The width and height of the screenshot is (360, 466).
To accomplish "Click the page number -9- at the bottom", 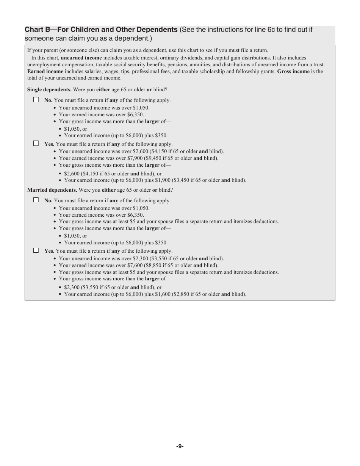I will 180,446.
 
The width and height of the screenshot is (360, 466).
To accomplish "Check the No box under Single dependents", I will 36,100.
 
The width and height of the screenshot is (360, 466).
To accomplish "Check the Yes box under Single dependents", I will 36,144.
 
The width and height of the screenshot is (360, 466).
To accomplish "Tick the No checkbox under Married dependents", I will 36,200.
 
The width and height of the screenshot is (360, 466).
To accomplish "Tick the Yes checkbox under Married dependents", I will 36,250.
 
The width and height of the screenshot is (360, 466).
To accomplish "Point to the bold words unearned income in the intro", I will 81,58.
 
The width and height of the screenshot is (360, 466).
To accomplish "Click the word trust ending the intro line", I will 318,65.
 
